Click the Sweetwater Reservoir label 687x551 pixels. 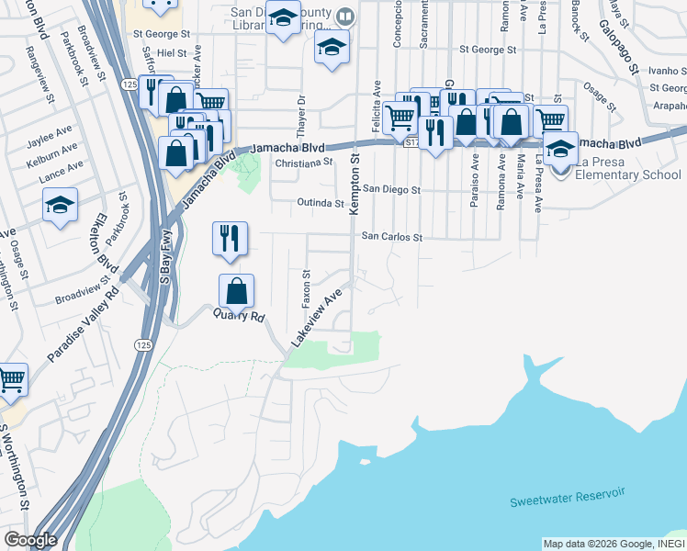point(568,497)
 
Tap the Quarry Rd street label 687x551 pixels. point(239,316)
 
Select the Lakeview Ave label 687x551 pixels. point(316,316)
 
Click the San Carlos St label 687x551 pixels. point(391,236)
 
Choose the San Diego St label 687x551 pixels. point(390,190)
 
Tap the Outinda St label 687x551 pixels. point(320,202)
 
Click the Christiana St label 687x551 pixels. point(304,162)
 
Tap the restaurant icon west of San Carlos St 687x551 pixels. point(229,237)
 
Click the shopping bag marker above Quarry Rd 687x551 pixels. point(236,291)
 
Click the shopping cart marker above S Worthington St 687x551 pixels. point(12,378)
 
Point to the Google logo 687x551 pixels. point(30,540)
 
